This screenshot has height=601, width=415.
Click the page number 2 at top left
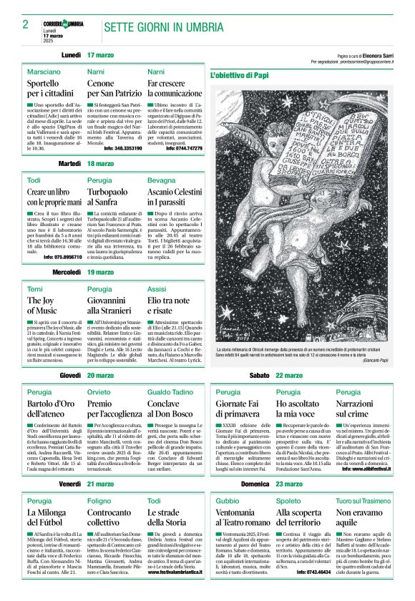pos(25,24)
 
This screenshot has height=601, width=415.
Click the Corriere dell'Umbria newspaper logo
pos(62,24)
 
